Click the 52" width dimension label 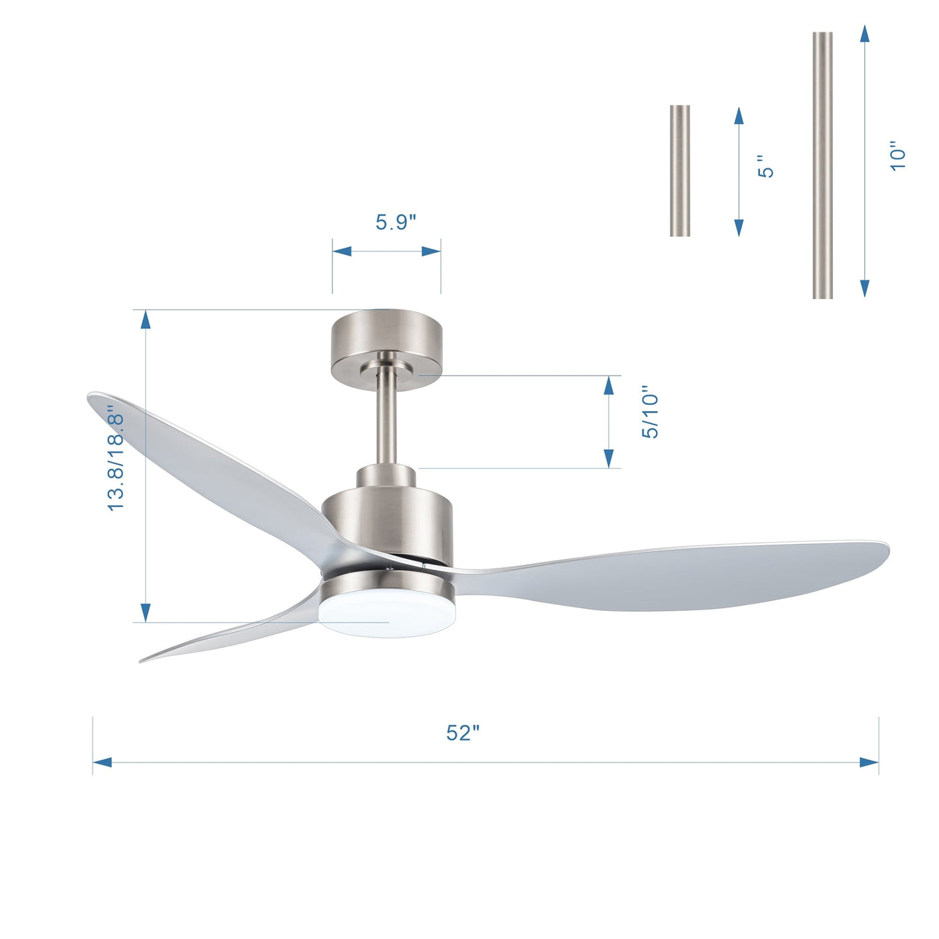(x=463, y=732)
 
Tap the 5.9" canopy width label (x=396, y=222)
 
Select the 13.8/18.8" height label (x=116, y=461)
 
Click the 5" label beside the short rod (x=765, y=166)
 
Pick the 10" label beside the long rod (x=897, y=156)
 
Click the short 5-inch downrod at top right (x=679, y=170)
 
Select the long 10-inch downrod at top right (x=822, y=165)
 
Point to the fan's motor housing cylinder (x=387, y=523)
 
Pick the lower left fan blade (x=228, y=634)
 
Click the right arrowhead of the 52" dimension (x=869, y=763)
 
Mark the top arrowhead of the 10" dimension (x=865, y=35)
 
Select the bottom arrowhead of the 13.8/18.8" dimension (x=145, y=612)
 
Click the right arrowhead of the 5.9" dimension (x=431, y=252)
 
